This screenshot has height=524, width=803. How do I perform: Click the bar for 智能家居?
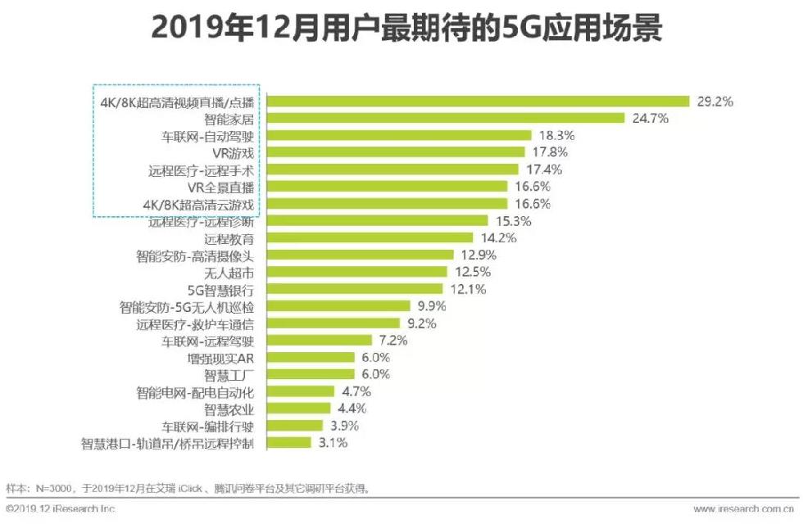[x=447, y=118]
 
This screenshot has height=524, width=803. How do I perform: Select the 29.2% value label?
[x=714, y=102]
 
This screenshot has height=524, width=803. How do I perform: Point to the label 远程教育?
[x=229, y=238]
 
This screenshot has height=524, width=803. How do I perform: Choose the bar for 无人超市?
[x=359, y=272]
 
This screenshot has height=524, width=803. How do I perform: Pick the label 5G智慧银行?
[x=223, y=289]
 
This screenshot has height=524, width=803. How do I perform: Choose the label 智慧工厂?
[x=229, y=375]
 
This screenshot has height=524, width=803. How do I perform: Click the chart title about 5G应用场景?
[x=401, y=29]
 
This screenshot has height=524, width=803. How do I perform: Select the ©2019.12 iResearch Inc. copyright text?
[x=61, y=508]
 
